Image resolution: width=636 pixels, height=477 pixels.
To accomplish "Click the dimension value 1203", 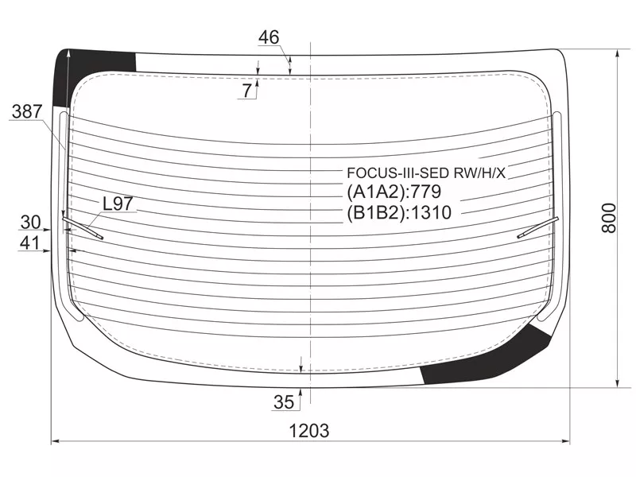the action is pos(308,430).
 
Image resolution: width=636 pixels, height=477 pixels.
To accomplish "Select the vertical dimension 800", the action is pos(608,218).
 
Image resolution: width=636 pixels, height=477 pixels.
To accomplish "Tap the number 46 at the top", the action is pos(269,37).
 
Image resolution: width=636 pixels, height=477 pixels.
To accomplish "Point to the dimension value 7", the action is pos(247,91).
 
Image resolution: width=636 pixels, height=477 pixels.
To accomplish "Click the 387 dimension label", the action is pos(27,111).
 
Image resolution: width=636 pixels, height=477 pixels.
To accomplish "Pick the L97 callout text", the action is pos(118,204).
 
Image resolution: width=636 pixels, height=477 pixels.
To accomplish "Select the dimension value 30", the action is pos(31,223).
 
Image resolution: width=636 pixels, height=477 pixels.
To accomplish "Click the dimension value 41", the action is pos(30,242).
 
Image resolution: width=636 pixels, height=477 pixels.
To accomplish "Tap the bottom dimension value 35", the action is pos(284,402).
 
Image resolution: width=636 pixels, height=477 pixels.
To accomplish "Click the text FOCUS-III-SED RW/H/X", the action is pos(426,173).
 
